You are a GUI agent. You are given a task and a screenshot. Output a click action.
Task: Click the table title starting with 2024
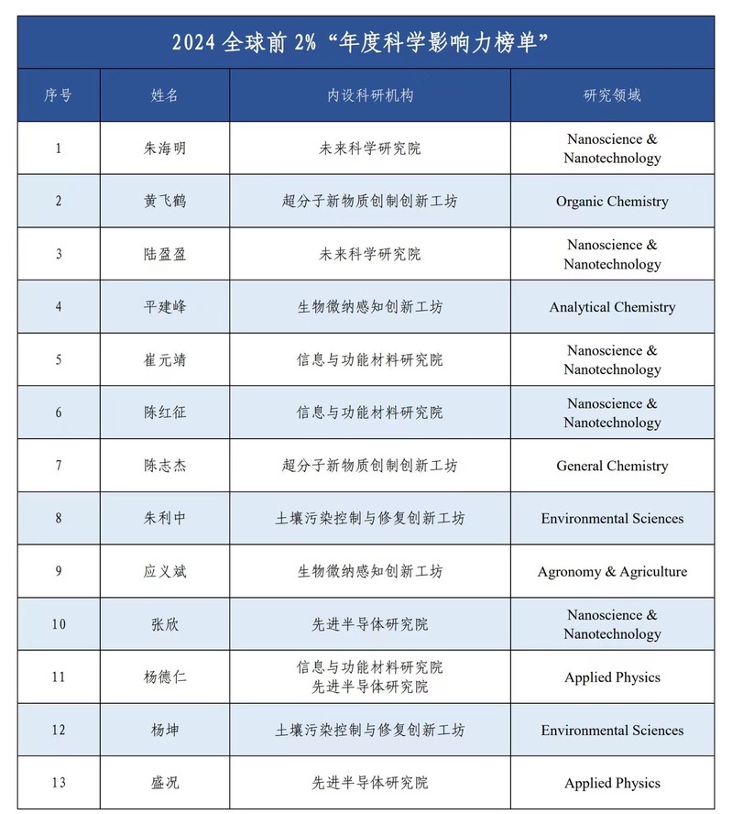[x=366, y=43]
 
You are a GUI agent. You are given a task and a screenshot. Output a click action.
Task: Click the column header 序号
[x=58, y=95]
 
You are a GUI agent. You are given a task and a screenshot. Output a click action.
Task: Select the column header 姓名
[x=164, y=95]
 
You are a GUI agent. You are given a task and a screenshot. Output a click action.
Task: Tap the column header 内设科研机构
[x=369, y=95]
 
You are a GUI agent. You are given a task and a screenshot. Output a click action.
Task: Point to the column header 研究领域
[x=611, y=95]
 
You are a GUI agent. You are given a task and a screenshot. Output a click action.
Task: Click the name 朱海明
[x=164, y=148]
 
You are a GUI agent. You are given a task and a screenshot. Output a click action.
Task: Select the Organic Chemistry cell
[x=611, y=202]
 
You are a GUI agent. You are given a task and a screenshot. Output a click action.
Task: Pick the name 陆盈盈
[x=164, y=254]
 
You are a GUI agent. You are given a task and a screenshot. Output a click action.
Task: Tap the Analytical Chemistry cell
[x=611, y=307]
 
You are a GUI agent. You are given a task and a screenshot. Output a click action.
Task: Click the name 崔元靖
[x=164, y=359]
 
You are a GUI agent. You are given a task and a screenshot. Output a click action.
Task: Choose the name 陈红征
[x=164, y=412]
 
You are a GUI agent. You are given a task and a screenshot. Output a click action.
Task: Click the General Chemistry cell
[x=611, y=466]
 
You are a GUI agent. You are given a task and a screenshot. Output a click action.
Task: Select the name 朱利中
[x=164, y=519]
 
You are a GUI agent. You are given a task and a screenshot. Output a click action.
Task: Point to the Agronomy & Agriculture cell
[x=611, y=572]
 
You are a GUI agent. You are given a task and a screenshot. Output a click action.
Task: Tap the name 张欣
[x=164, y=624]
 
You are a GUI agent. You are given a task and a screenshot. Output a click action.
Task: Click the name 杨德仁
[x=164, y=677]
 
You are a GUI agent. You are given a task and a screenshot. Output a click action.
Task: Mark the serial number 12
[x=59, y=731]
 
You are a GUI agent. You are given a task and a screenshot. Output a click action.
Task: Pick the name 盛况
[x=164, y=783]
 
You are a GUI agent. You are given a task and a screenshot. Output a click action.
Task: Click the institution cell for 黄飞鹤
[x=369, y=202]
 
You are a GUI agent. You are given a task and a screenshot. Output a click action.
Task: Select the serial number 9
[x=59, y=572]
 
